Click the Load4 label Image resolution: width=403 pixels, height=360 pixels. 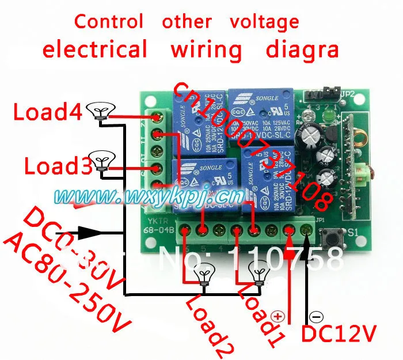48,111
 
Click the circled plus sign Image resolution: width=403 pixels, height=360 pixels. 278,316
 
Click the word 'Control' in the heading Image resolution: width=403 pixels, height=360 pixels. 109,22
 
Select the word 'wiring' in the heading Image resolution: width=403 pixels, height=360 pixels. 206,50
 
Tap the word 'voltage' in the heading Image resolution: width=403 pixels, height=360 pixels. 264,22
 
